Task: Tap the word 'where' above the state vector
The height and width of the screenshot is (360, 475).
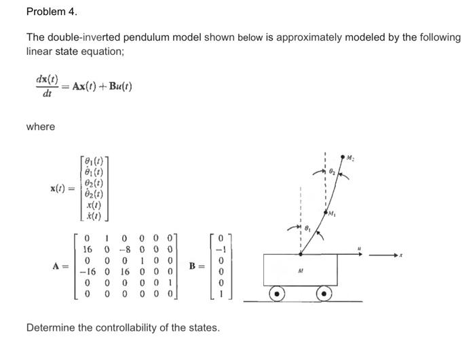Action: tap(40, 127)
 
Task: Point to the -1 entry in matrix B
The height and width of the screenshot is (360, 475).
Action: tap(218, 249)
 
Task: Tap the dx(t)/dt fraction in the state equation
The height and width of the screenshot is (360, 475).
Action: tap(46, 86)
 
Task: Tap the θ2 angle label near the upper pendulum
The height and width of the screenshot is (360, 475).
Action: tap(332, 173)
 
